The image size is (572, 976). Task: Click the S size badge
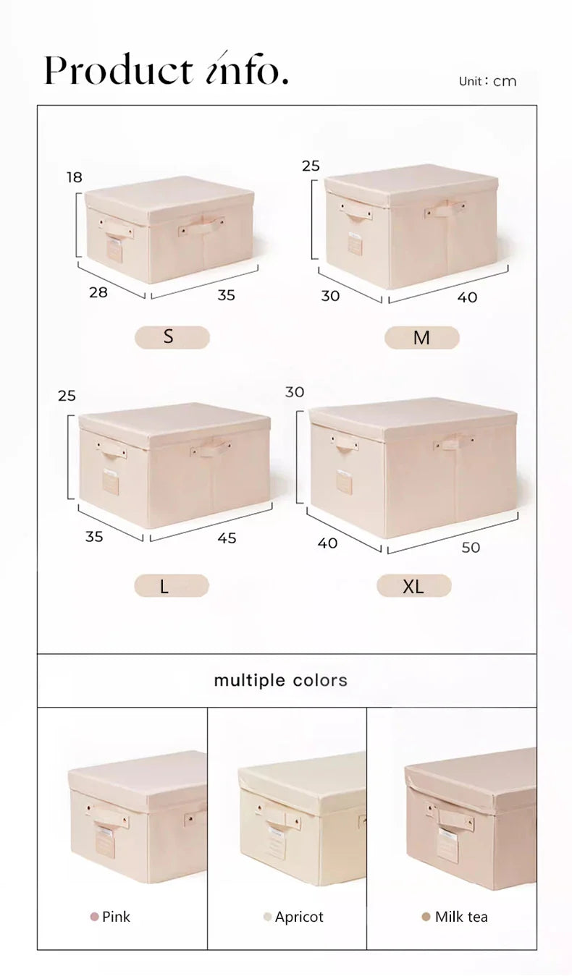pos(172,337)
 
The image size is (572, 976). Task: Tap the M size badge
pos(421,338)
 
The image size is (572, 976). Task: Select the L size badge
pos(171,586)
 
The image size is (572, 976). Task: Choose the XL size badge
pos(413,586)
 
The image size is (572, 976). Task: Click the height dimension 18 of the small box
pos(75,177)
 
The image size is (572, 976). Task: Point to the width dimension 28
pos(98,292)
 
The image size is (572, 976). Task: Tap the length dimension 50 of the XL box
pos(471,548)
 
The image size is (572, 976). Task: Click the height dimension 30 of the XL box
pos(295,392)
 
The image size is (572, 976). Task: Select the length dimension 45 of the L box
pos(227,538)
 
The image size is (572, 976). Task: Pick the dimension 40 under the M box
pos(468,297)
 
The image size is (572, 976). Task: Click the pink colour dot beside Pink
pos(94,917)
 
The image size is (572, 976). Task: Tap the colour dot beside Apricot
pos(267,917)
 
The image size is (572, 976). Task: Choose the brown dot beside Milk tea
pos(426,917)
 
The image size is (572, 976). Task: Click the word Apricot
pos(299,917)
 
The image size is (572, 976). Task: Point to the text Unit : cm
pos(487,81)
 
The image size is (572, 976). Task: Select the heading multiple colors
pos(280,680)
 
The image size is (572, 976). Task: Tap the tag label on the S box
pos(114,250)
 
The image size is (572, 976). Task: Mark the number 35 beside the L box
pos(94,537)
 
